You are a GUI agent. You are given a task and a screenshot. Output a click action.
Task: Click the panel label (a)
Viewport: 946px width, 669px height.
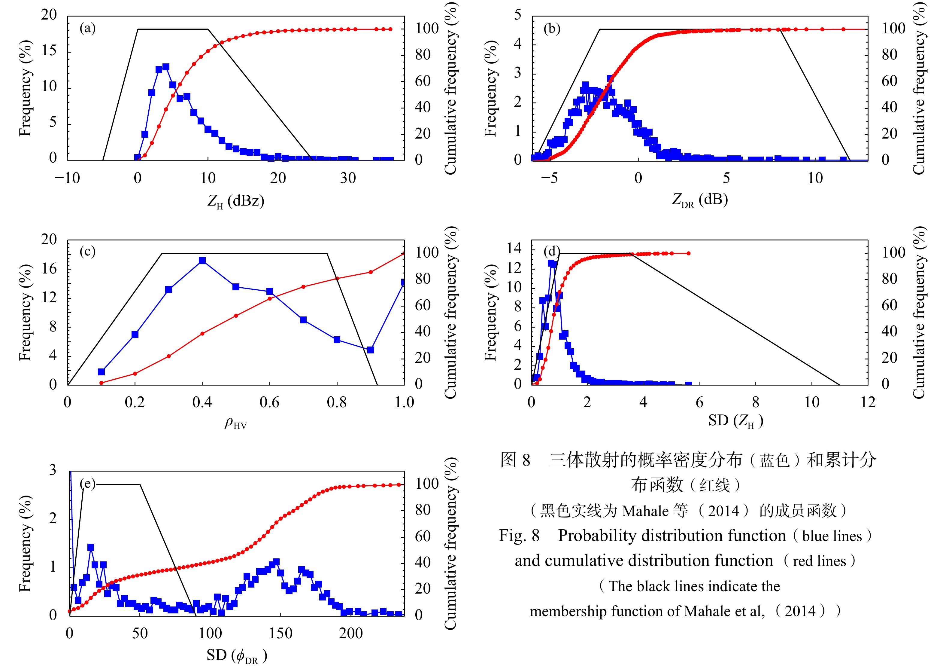[x=87, y=29]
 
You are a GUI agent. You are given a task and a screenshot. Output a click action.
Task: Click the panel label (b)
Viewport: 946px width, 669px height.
[x=552, y=29]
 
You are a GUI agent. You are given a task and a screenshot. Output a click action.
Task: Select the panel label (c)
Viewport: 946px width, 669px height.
[x=87, y=252]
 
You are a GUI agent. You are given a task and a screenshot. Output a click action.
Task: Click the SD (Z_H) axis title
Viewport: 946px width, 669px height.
[x=735, y=421]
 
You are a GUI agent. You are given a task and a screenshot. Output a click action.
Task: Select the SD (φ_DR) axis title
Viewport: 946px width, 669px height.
[x=237, y=655]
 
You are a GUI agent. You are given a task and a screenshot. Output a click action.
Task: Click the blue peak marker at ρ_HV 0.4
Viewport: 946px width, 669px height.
[x=202, y=261]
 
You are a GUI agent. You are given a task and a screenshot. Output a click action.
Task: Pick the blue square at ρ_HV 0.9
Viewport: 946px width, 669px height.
[x=370, y=350]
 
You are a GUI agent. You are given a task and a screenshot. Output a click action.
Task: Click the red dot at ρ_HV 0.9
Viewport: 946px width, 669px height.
[x=370, y=272]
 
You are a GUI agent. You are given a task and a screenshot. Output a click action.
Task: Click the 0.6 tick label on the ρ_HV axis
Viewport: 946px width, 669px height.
[x=269, y=402]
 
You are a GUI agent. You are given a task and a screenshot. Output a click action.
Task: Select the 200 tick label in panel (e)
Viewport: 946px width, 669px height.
[x=351, y=634]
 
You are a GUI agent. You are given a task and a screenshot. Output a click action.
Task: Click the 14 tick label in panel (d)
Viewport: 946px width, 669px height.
[x=514, y=248]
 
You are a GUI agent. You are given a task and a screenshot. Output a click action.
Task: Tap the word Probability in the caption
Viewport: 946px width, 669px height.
[x=672, y=536]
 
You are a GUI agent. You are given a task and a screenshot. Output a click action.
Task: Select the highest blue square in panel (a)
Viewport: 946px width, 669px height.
[x=166, y=67]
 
